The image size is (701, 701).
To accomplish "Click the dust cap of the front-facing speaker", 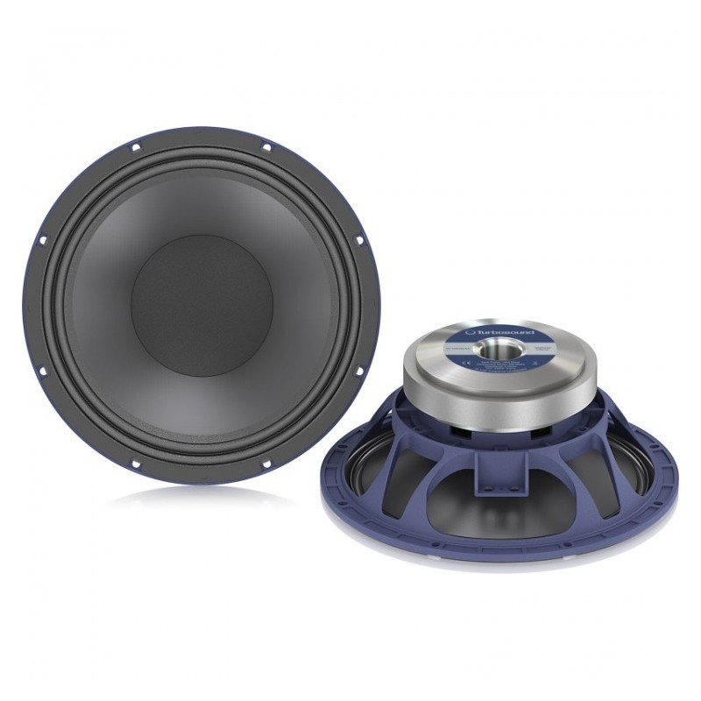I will pos(202,305).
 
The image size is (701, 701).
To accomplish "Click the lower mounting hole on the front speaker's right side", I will pos(361,371).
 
